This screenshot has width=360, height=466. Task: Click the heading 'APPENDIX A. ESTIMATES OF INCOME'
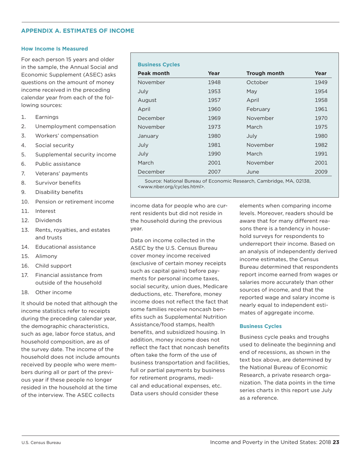(x=78, y=31)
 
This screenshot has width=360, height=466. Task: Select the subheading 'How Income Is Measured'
(x=55, y=49)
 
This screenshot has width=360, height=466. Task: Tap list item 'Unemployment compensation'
(x=75, y=127)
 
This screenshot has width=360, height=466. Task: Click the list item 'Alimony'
(x=46, y=256)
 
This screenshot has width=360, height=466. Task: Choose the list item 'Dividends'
(x=48, y=220)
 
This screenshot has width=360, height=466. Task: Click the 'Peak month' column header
(x=153, y=73)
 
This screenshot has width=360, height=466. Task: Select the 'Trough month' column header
(x=265, y=73)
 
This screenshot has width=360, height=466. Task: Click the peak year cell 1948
(x=214, y=82)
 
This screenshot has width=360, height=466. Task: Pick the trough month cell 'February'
(x=258, y=109)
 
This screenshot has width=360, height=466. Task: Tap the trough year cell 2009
(x=321, y=172)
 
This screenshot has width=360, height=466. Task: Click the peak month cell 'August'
(x=147, y=100)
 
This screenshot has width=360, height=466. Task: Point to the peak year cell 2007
(x=214, y=172)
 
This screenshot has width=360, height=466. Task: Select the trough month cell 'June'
(x=253, y=172)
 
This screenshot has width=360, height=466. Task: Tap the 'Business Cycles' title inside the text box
(x=158, y=65)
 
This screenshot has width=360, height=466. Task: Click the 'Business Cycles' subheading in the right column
(x=260, y=326)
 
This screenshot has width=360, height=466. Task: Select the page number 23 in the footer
(x=335, y=442)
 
